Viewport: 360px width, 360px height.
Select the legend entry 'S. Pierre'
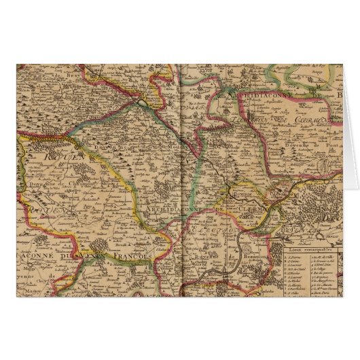coord(291,257)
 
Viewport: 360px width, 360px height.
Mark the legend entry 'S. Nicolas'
coord(293,272)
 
